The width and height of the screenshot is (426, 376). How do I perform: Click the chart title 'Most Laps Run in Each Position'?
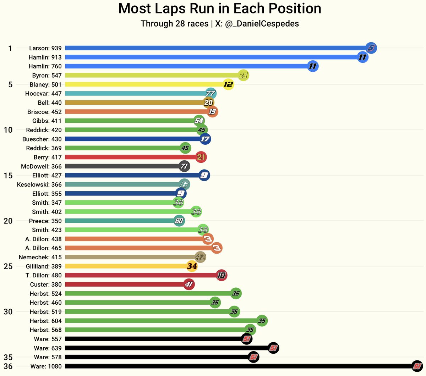(219, 9)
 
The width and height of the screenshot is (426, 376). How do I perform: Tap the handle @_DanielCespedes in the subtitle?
(262, 24)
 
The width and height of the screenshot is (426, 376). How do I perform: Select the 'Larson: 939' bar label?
(45, 48)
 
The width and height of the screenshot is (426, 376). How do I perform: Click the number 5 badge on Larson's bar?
(371, 48)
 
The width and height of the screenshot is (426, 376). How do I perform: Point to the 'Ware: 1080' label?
(46, 366)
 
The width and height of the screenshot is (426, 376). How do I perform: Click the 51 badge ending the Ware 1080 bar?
(417, 366)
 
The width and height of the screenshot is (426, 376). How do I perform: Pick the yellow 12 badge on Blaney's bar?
(228, 84)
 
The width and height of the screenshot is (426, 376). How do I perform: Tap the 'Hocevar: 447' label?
(43, 94)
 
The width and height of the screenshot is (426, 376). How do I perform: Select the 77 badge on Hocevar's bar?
(211, 94)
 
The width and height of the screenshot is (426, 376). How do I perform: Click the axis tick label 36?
(8, 366)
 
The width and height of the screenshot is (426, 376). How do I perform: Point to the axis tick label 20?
(8, 221)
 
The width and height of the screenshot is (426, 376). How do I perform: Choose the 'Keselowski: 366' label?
(39, 184)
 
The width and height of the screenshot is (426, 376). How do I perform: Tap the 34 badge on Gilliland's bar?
(192, 266)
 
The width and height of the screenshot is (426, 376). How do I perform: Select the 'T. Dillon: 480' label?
(43, 275)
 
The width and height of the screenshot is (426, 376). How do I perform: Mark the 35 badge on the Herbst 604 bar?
(262, 321)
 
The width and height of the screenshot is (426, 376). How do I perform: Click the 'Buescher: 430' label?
(42, 139)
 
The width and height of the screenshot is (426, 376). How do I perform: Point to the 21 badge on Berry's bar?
(201, 157)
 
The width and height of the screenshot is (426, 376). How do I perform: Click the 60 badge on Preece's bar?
(179, 221)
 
